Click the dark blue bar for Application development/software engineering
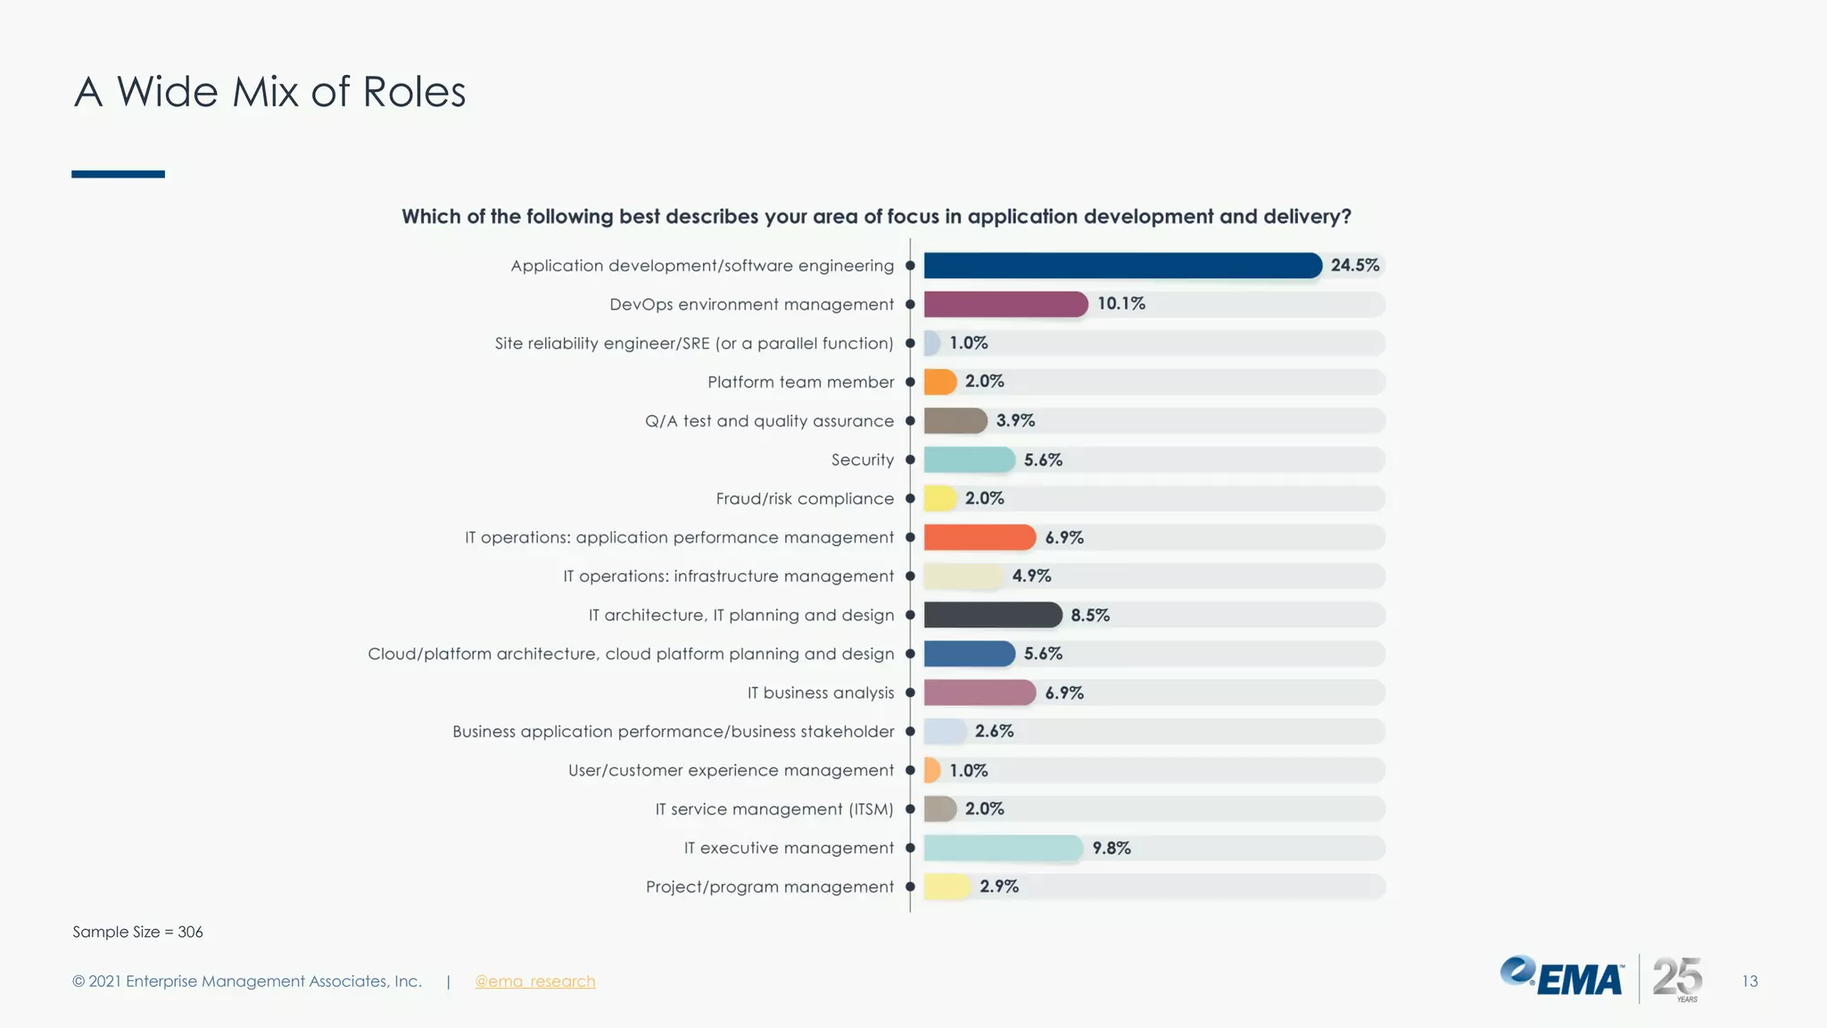coord(1122,265)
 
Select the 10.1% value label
coord(1120,303)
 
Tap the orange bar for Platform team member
coord(939,382)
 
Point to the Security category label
coord(862,460)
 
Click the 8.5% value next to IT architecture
coord(1089,615)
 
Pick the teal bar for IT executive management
coord(1003,848)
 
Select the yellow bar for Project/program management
coord(947,886)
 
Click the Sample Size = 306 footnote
coord(137,932)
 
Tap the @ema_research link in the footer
coord(534,981)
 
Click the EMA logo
coord(1562,977)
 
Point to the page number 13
coord(1749,981)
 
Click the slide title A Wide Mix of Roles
coord(269,91)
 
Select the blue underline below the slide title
coord(118,174)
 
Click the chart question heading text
coord(876,216)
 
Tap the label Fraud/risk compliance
coord(804,498)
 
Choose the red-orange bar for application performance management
coord(979,537)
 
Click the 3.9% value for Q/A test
coord(1015,420)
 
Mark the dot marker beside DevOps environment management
coord(910,304)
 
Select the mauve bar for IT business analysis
coord(979,692)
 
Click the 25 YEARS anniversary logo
coord(1677,979)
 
